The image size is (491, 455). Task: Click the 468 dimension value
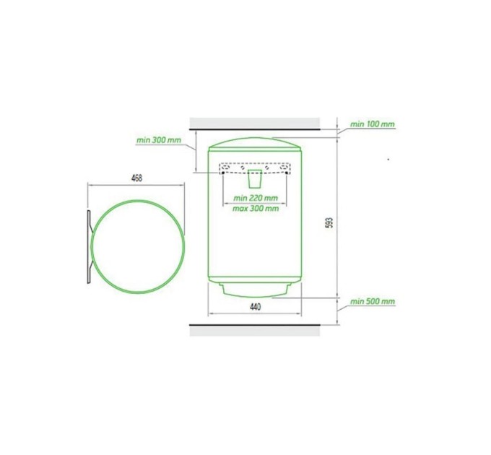(137, 178)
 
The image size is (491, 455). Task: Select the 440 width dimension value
(255, 307)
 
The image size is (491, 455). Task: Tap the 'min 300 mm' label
(158, 140)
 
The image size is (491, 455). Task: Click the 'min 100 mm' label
(373, 124)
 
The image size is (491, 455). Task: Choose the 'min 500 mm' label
(373, 301)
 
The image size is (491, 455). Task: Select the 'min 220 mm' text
(256, 198)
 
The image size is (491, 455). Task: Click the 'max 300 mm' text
(256, 208)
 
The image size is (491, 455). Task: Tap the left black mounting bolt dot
(222, 173)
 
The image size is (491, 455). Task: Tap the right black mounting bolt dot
(287, 173)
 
